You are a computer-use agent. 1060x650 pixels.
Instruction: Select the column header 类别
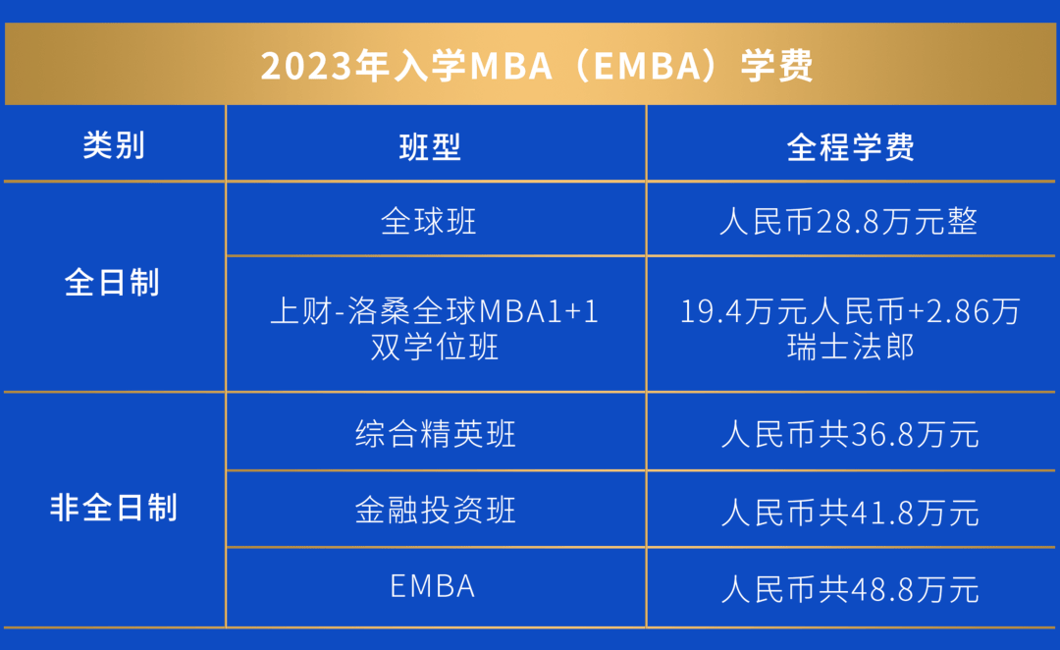[x=114, y=145]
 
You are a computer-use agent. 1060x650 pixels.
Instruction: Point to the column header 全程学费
[x=850, y=147]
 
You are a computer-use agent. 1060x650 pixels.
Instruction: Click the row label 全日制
[x=112, y=283]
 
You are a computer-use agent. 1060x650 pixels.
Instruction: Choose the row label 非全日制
[x=114, y=508]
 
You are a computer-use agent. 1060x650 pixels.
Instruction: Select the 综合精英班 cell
[x=435, y=434]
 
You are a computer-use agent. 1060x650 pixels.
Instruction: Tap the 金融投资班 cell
[x=435, y=511]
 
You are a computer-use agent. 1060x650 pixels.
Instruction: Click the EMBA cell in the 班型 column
[x=433, y=586]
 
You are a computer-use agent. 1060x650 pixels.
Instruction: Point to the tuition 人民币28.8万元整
[x=849, y=221]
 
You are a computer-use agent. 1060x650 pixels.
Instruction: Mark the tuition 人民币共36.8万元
[x=850, y=434]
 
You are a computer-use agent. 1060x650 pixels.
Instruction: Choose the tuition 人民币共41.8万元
[x=850, y=512]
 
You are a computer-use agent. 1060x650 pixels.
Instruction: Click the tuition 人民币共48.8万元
[x=850, y=588]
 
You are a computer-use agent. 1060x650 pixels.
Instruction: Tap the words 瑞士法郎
[x=851, y=347]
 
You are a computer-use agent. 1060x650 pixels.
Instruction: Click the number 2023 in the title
[x=302, y=67]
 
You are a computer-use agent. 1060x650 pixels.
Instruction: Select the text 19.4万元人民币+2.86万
[x=850, y=311]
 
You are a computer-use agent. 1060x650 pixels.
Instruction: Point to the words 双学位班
[x=435, y=347]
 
